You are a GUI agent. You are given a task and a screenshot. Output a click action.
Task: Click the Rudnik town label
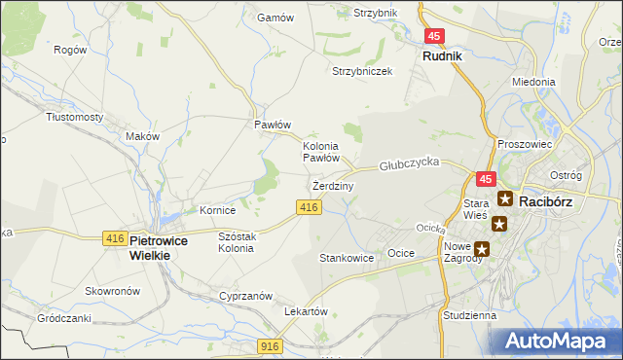(x=442, y=56)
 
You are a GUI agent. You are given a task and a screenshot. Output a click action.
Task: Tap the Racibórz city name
(x=551, y=200)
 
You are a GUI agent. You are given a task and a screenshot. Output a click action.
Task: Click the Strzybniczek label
(x=361, y=72)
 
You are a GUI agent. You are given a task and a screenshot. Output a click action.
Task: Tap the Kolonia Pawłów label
(x=320, y=151)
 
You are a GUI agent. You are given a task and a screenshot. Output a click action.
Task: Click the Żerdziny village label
(x=333, y=185)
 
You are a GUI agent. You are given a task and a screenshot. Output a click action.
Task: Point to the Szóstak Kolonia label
(x=236, y=242)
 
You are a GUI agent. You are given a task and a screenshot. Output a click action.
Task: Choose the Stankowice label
(x=347, y=258)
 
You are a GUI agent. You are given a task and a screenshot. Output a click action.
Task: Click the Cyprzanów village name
(x=243, y=295)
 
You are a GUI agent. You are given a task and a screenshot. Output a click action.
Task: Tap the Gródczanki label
(x=64, y=318)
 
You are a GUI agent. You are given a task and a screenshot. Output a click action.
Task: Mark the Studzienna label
(x=469, y=315)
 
